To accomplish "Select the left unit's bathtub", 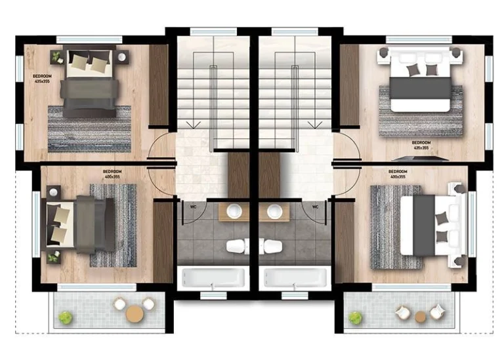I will [x=212, y=277].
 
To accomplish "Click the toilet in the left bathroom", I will [x=236, y=246].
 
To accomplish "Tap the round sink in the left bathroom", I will [x=235, y=211].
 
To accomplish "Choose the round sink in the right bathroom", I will [x=275, y=211].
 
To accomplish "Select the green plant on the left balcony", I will [x=65, y=317].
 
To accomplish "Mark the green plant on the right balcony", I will [x=355, y=318].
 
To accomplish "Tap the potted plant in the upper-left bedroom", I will [x=57, y=57].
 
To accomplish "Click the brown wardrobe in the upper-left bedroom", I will [x=159, y=85].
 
